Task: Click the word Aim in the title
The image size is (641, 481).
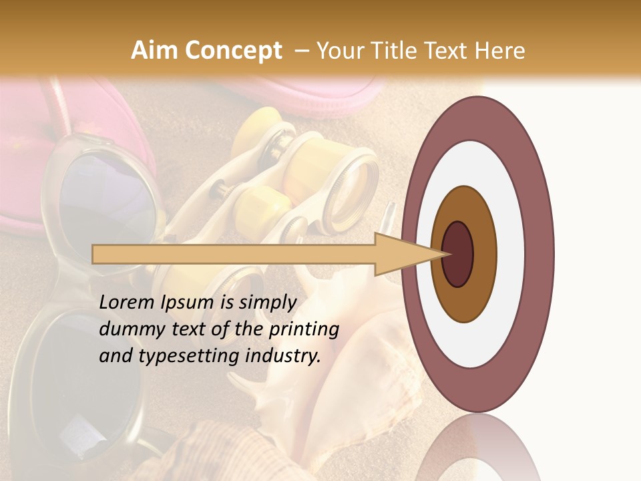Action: click(154, 51)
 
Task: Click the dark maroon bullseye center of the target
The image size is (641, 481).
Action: click(458, 254)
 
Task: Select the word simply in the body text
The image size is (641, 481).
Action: click(268, 302)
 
